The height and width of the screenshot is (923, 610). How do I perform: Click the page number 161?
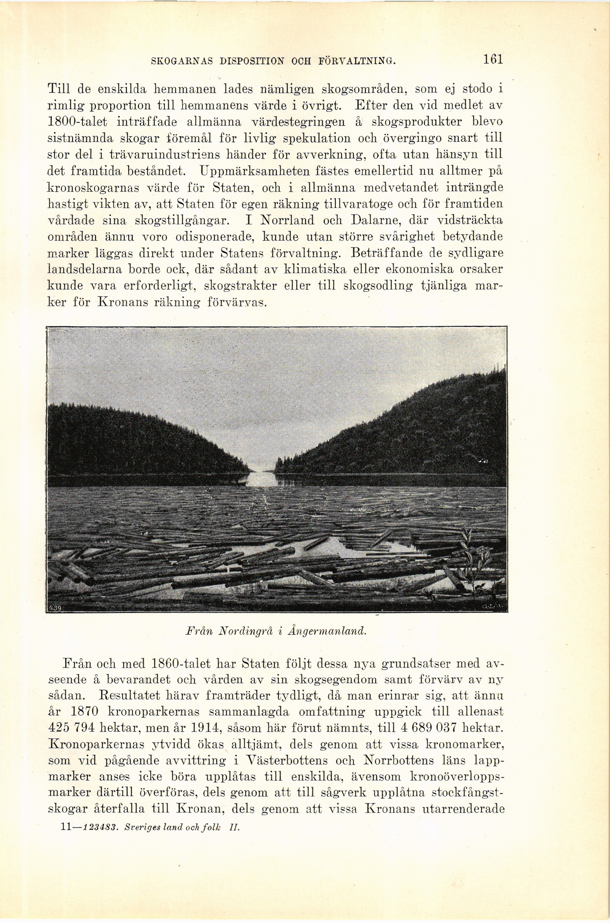pos(492,59)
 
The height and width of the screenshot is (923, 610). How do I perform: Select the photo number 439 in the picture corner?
pos(55,608)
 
